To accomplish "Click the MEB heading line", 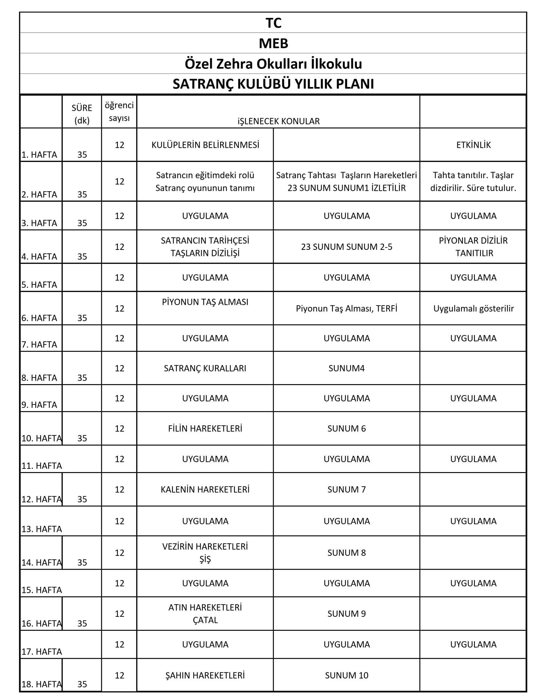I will point(273,43).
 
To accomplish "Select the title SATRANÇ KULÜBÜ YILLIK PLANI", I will point(273,84).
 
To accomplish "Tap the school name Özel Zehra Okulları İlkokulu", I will point(273,64).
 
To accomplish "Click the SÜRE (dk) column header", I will point(82,114).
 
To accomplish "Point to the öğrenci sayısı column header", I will point(119,111).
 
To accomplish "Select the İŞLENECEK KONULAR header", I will point(278,121).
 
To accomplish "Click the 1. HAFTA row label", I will point(39,155).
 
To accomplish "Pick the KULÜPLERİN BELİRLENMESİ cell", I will point(205,145).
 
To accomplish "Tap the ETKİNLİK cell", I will point(473,145).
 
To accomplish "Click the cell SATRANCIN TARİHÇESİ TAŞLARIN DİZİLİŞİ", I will point(205,247).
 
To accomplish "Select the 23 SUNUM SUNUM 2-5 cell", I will point(346,247).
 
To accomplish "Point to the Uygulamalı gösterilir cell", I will point(473,309).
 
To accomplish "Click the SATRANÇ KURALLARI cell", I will point(205,368).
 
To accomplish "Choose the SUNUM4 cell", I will point(346,368).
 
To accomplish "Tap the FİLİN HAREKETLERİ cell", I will point(205,428).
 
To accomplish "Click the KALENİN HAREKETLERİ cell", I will point(205,489).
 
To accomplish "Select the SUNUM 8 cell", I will point(346,553).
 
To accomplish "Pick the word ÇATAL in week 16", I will point(205,620).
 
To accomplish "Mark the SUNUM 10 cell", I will point(346,675).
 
